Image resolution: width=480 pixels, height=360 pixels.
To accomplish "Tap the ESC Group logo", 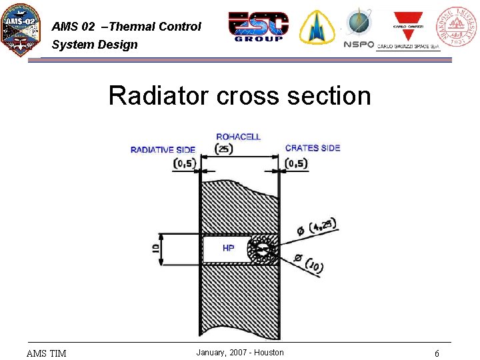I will click(259, 27).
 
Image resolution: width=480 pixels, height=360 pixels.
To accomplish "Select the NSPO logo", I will click(359, 28).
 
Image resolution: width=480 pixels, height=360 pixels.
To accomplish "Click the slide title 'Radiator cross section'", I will click(239, 95).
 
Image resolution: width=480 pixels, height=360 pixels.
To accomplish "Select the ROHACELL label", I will click(239, 137).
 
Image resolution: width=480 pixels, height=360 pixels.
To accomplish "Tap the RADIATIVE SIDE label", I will click(163, 149).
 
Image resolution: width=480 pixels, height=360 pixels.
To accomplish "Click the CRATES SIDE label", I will click(313, 148).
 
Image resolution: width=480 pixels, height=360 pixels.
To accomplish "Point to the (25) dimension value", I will click(225, 148).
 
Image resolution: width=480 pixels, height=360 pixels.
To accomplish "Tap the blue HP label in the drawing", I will click(229, 248).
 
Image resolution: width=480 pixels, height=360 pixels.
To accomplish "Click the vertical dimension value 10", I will click(155, 249).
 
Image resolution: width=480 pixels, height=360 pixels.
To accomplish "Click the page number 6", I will click(437, 353).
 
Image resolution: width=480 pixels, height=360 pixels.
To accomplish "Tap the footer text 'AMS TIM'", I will click(46, 353).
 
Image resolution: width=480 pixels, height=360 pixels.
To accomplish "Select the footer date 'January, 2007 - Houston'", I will click(240, 353).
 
